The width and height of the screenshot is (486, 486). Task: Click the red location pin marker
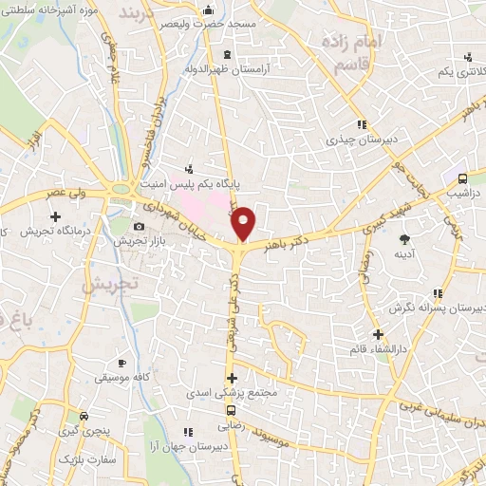[x=244, y=222]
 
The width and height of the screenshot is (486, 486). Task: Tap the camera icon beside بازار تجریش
[x=140, y=226]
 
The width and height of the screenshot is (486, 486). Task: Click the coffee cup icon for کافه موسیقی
[x=121, y=363]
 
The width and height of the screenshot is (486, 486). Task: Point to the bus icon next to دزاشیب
[x=462, y=178]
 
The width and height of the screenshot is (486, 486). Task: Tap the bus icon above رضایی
[x=231, y=411]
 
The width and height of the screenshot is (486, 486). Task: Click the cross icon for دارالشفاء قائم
[x=378, y=333]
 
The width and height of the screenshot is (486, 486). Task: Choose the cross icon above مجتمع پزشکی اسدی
[x=231, y=378]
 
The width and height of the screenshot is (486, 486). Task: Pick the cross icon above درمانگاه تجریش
[x=55, y=216]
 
